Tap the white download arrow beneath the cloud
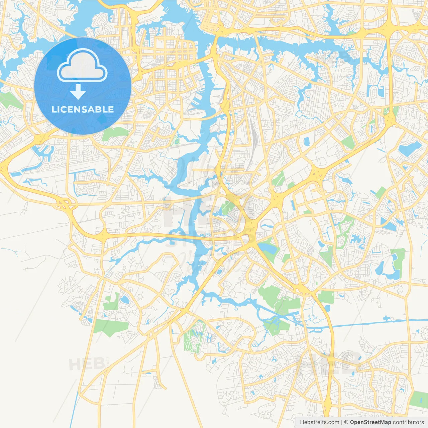pos(78,92)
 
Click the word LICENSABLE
pos(83,109)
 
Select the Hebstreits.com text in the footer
pos(319,422)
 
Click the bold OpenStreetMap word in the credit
pos(370,422)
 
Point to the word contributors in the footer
pos(408,422)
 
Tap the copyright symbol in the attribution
pos(346,422)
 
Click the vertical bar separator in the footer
pos(342,422)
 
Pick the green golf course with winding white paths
pos(193,338)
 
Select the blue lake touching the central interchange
pos(269,248)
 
